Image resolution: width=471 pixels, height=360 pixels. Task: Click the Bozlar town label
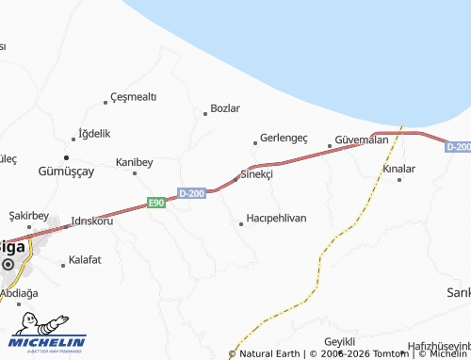[225, 108]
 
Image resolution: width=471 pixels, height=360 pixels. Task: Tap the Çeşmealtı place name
[133, 97]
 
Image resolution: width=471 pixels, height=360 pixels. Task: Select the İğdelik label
[94, 133]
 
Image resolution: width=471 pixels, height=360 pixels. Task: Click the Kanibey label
[134, 162]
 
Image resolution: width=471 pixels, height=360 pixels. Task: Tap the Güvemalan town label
[362, 139]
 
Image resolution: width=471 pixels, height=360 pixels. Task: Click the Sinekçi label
[257, 174]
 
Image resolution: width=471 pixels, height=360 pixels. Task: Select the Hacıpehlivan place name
[276, 218]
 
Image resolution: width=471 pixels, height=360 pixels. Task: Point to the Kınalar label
[399, 169]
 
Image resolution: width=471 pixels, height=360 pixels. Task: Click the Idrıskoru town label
[91, 222]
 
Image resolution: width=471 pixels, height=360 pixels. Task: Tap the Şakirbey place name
[29, 215]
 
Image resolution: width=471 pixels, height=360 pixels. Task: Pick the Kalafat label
[84, 258]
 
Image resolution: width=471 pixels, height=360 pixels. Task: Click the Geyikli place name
[339, 340]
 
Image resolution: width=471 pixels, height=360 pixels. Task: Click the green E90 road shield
[155, 203]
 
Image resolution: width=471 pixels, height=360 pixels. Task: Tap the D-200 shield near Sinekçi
[191, 193]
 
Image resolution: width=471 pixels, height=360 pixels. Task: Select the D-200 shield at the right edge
[458, 147]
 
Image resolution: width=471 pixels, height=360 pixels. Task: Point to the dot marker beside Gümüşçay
[66, 156]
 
